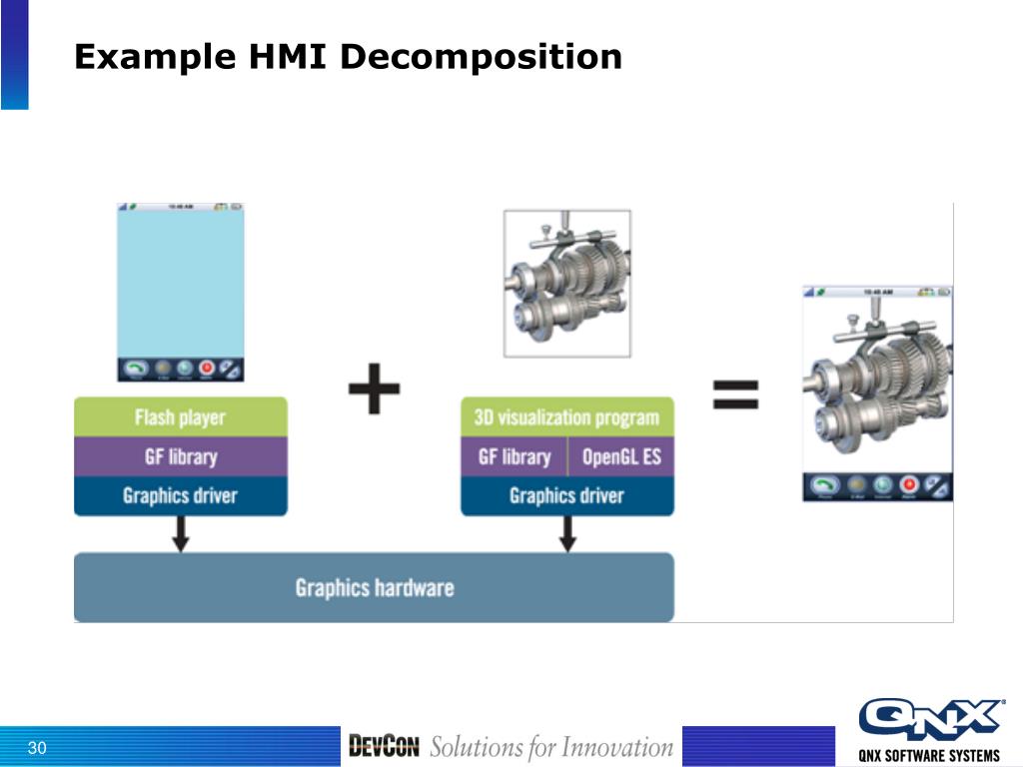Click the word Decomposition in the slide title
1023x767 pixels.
(x=481, y=57)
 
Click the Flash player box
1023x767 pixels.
(x=180, y=417)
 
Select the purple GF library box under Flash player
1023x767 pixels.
(x=180, y=456)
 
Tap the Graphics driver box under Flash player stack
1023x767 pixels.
(x=180, y=495)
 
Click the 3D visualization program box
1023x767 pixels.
(x=566, y=417)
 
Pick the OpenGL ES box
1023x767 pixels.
(x=621, y=457)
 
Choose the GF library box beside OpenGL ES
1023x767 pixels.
(x=514, y=457)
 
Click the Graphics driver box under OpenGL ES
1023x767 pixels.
(x=566, y=495)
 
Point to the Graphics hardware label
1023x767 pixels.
(x=375, y=587)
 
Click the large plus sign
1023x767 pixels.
(x=374, y=390)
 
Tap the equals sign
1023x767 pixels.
(x=735, y=393)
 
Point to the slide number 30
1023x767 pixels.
(x=38, y=749)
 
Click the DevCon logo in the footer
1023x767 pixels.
(x=384, y=746)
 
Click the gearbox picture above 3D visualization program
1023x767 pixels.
(x=566, y=284)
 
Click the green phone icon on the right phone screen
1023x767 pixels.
(x=823, y=484)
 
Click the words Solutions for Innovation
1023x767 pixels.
(x=551, y=747)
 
